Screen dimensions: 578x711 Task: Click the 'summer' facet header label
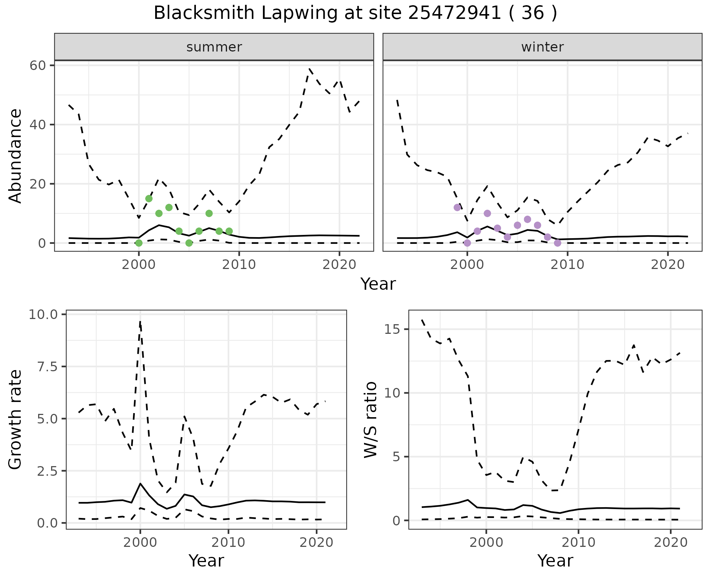[x=214, y=47]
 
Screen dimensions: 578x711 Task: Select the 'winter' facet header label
[x=542, y=47]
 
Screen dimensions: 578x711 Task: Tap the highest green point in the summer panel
[x=149, y=199]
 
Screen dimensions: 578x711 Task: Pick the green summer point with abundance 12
[x=169, y=207]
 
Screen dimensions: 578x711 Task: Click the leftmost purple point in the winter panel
[x=457, y=207]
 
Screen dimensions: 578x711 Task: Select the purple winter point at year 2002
[x=487, y=213]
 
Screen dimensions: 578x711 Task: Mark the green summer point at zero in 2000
[x=139, y=243]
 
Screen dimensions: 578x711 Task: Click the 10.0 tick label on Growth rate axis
[x=43, y=315]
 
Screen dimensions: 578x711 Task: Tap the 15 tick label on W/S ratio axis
[x=394, y=329]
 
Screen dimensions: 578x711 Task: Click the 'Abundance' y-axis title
[x=16, y=156]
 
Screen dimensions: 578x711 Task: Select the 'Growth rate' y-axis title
[x=16, y=419]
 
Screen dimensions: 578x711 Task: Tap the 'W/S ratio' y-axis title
[x=370, y=419]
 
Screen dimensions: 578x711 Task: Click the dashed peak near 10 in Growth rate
[x=140, y=322]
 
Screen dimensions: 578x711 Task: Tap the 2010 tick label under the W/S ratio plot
[x=578, y=543]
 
